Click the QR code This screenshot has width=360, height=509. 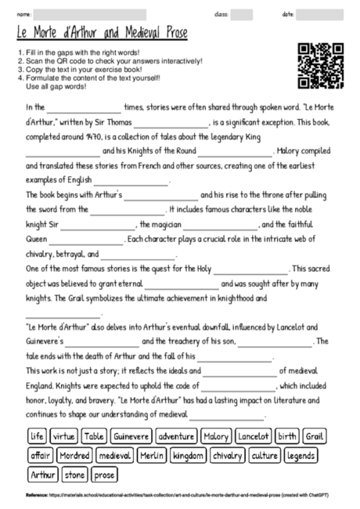320,66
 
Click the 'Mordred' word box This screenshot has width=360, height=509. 74,455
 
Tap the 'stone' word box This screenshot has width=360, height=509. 74,475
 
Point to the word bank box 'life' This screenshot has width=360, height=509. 36,436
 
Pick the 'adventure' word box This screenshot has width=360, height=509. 176,436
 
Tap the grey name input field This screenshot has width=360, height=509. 91,15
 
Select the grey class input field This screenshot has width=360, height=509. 242,15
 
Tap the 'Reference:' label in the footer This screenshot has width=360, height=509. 36,495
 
